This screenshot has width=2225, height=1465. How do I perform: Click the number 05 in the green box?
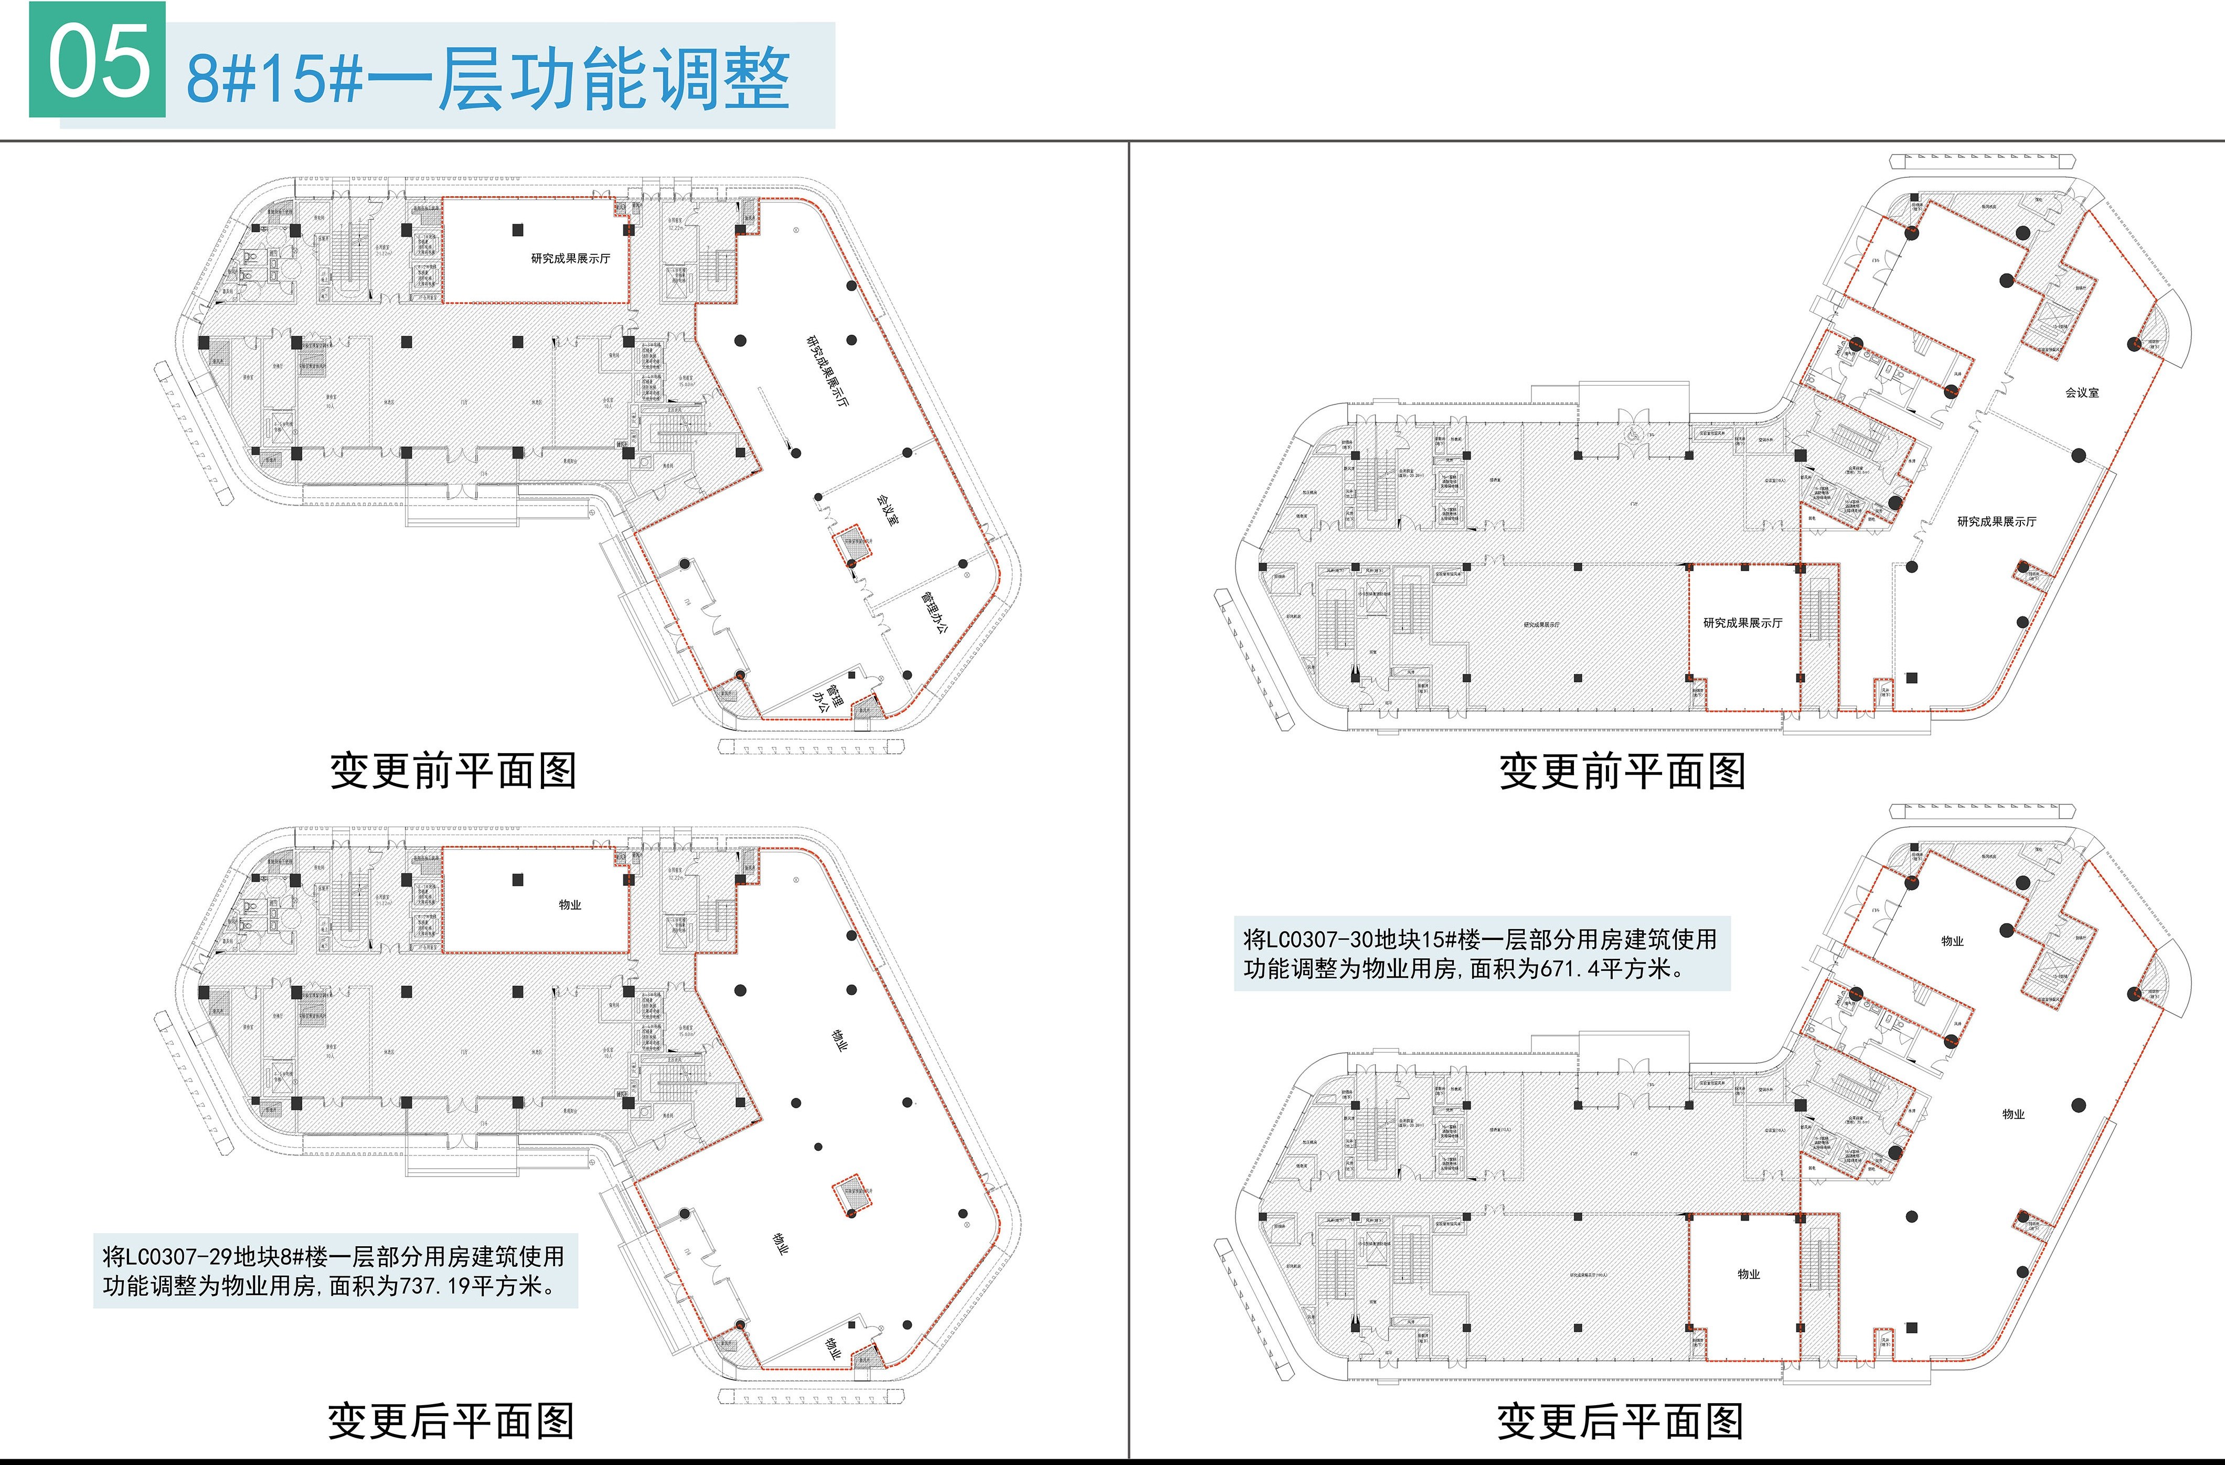coord(98,62)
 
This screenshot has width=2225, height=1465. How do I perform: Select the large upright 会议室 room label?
coord(2082,393)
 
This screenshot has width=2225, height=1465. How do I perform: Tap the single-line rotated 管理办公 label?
coord(935,612)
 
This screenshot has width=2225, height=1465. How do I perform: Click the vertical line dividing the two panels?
coord(1130,795)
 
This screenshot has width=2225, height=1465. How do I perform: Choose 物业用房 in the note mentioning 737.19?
coord(278,1287)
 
